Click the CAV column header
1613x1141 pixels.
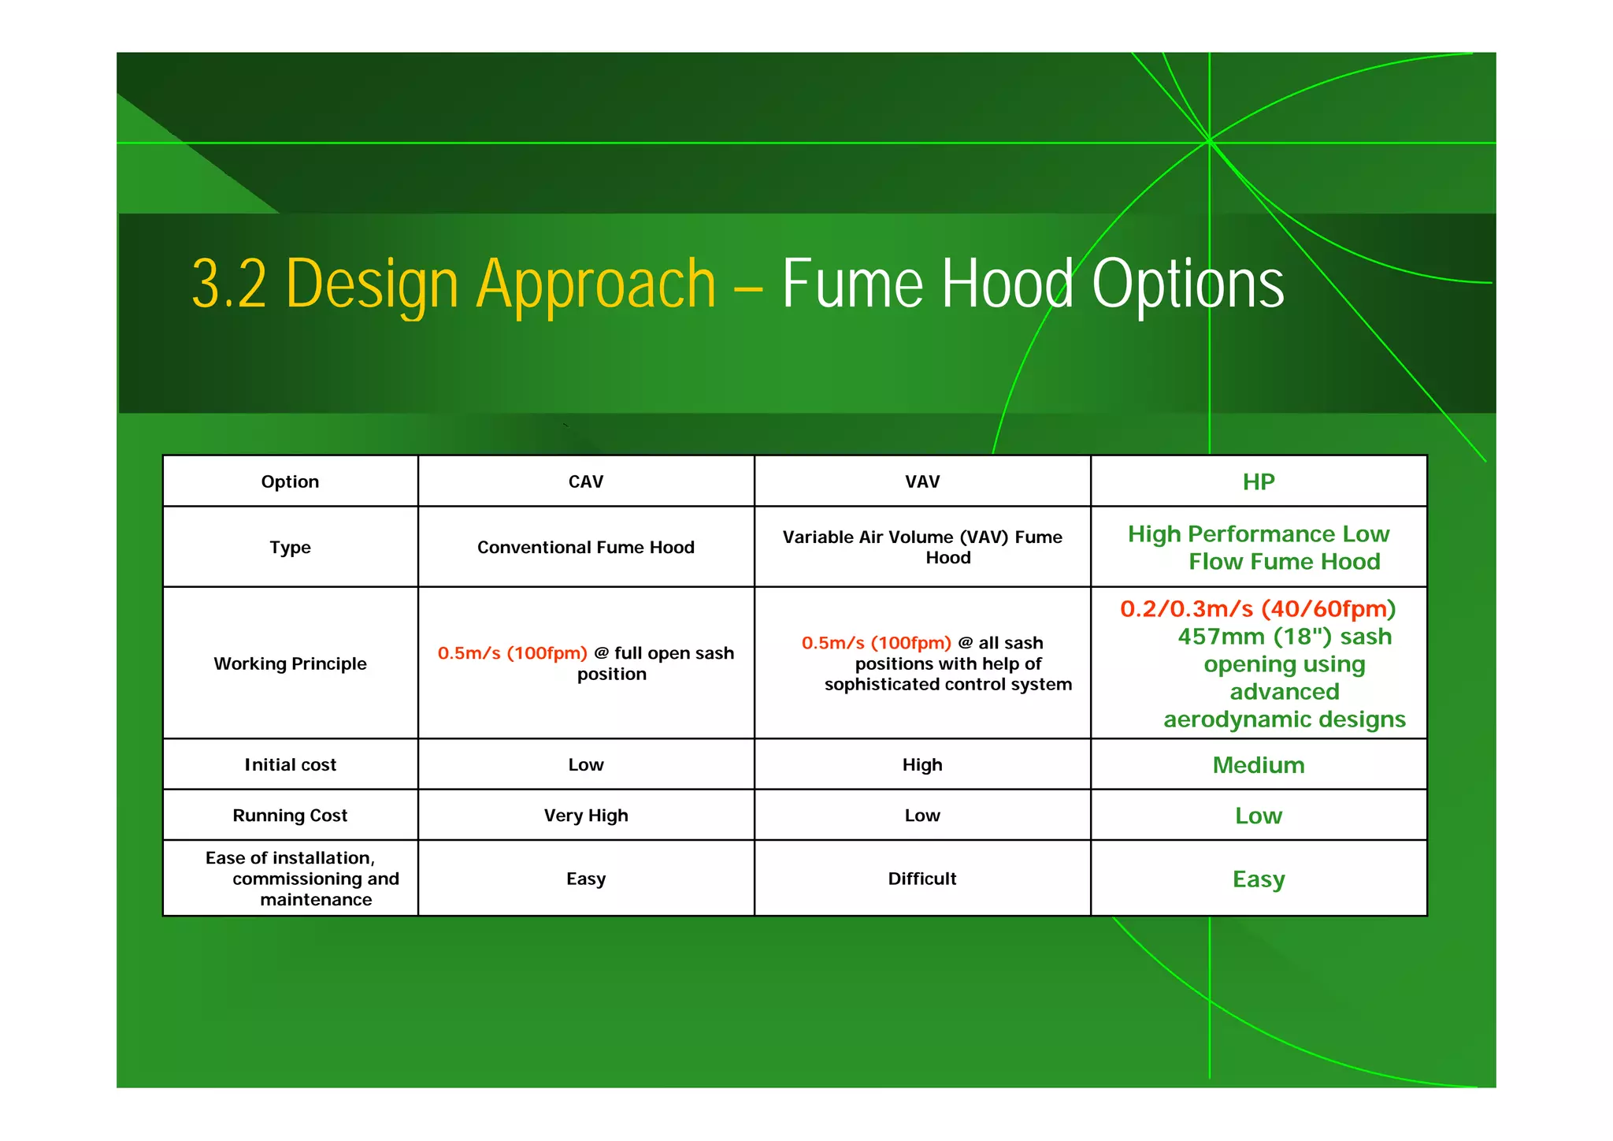tap(585, 481)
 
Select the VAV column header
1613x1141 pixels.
tap(921, 481)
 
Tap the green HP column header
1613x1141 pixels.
tap(1258, 481)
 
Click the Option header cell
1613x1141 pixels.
tap(290, 481)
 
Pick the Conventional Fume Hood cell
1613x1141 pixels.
tap(585, 548)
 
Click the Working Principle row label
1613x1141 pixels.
tap(290, 663)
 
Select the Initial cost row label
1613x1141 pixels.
tap(290, 764)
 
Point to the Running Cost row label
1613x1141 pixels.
tap(290, 816)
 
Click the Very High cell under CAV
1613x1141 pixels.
tap(585, 816)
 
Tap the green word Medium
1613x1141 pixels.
tap(1258, 765)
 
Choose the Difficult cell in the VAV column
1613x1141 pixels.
tap(921, 879)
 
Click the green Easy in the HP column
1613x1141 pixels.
tap(1258, 879)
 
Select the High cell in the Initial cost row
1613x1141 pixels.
tap(921, 764)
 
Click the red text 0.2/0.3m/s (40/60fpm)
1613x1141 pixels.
tap(1258, 609)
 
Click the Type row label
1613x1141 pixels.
tap(290, 548)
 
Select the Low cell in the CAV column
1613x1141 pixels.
tap(585, 764)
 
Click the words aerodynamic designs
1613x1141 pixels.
tap(1284, 719)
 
